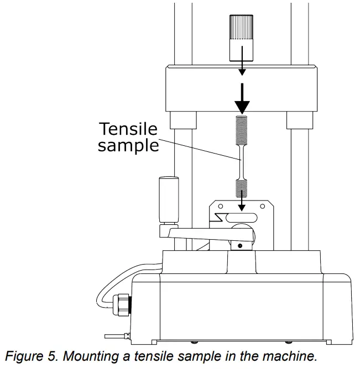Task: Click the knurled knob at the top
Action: (241, 38)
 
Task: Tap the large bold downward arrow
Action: (242, 98)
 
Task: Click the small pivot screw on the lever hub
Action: (239, 244)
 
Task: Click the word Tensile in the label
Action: (128, 129)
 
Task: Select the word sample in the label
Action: (128, 146)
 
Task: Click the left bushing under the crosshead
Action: (183, 119)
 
